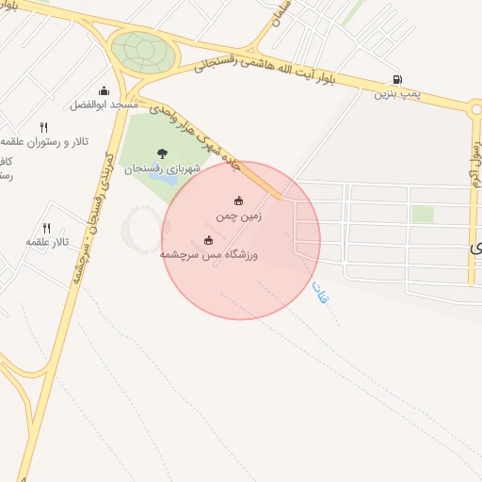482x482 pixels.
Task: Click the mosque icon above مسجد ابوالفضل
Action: click(103, 91)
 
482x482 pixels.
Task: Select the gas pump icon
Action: click(396, 80)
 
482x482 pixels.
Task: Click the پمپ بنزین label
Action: click(396, 93)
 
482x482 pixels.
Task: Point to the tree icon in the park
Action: click(162, 153)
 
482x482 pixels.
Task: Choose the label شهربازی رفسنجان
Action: click(162, 168)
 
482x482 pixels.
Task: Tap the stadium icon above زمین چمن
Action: click(238, 201)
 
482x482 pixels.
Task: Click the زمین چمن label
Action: click(238, 216)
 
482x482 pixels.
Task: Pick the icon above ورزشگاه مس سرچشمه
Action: click(208, 240)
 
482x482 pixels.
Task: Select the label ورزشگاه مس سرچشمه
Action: click(209, 255)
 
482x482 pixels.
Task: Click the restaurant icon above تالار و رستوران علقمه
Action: click(43, 127)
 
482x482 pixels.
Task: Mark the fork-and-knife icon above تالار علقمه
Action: click(46, 228)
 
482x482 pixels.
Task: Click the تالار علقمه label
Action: click(47, 242)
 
